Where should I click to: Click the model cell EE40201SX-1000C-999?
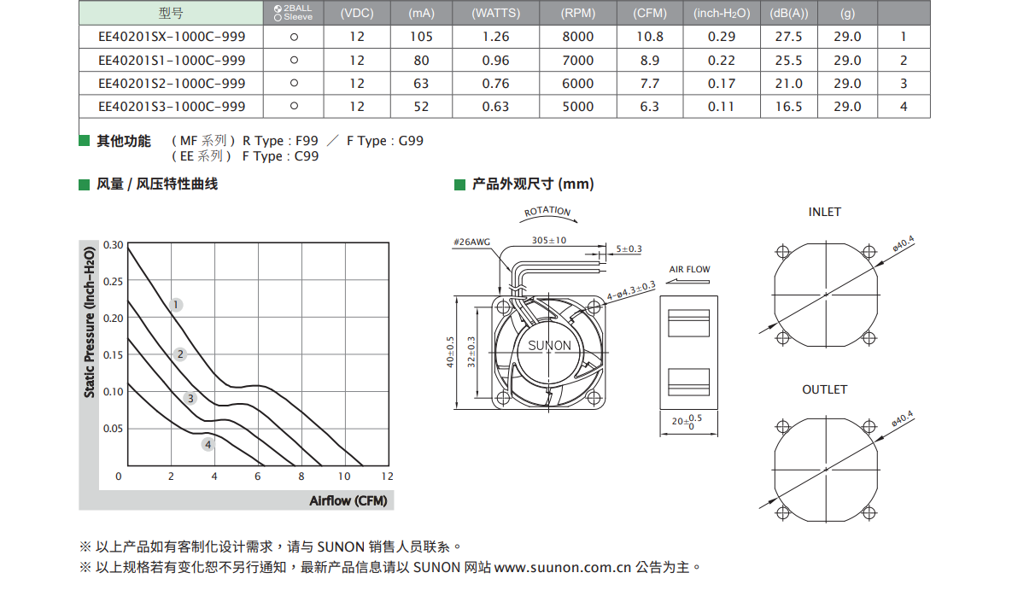172,37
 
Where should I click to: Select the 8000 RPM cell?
577,37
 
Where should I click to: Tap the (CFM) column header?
649,13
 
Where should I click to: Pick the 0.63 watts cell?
495,107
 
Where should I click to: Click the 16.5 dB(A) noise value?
789,107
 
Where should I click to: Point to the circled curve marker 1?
176,305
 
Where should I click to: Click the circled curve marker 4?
208,445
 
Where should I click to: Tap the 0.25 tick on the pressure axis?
113,281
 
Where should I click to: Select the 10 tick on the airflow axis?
344,476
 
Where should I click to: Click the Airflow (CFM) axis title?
348,500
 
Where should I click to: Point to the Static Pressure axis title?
89,322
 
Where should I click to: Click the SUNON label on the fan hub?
549,346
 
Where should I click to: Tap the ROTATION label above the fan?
547,211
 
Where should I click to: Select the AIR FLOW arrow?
688,281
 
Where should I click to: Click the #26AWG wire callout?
471,242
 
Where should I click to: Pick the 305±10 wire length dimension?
548,240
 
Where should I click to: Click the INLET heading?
824,213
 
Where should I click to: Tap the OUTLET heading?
824,389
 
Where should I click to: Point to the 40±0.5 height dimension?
450,353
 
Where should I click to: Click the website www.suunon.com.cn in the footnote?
562,567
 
